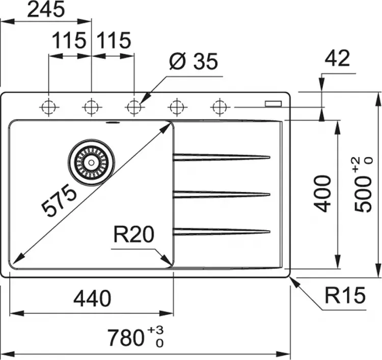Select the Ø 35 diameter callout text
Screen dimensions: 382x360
tap(193, 61)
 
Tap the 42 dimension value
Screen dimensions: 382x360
tap(338, 58)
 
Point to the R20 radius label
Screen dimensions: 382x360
tap(134, 234)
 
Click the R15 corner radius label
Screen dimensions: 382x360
tap(345, 295)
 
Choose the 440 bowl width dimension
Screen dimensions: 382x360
tap(92, 298)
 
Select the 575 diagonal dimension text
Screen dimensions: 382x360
tap(59, 200)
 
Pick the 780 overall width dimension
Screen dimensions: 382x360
tap(135, 337)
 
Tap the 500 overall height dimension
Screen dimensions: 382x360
tap(363, 185)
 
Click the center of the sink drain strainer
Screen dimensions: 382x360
tap(91, 162)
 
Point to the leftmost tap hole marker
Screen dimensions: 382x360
tap(49, 107)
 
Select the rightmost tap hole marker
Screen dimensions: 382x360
tap(220, 107)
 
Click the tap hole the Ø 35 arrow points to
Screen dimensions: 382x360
tap(134, 107)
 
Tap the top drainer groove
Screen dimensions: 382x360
tap(222, 157)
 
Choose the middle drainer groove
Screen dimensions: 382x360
tap(222, 195)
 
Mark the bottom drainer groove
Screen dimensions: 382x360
tap(222, 231)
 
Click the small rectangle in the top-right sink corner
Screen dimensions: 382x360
tap(274, 103)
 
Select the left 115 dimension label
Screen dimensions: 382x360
tap(69, 40)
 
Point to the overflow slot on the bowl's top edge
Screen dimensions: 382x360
tap(112, 123)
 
